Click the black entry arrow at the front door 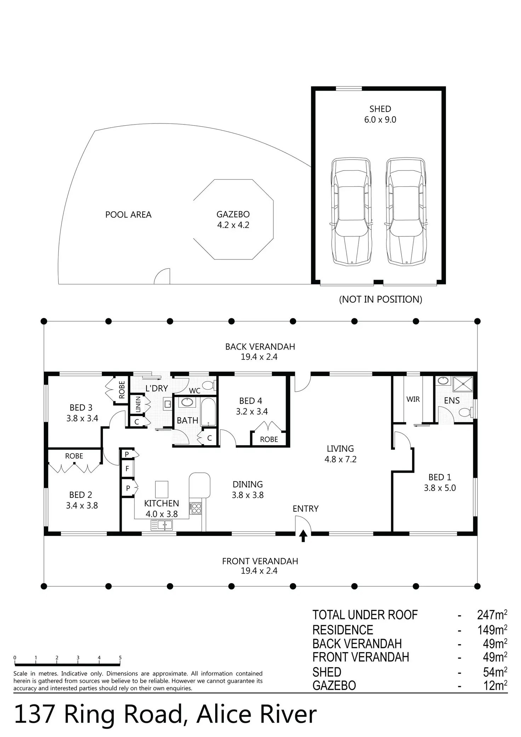[x=303, y=536]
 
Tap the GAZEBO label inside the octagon [x=233, y=214]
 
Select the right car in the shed [x=406, y=211]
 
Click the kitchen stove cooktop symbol [x=196, y=508]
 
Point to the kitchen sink [x=162, y=525]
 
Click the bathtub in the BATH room [x=208, y=412]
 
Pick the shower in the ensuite [x=463, y=384]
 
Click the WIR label [x=413, y=399]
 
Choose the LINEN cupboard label [x=138, y=404]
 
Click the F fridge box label [x=127, y=469]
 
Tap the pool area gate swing [x=162, y=276]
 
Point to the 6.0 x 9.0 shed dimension [x=380, y=120]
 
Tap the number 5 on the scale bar [x=120, y=658]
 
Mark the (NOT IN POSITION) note [x=380, y=299]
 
